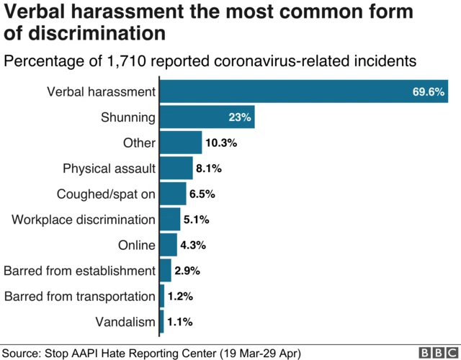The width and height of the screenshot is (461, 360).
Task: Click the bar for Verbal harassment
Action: point(303,91)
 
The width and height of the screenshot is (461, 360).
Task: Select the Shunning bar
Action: point(207,117)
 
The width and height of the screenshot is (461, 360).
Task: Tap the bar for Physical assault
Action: point(176,168)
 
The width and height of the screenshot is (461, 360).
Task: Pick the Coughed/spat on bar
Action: point(173,194)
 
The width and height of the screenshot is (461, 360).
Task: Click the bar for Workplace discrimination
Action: point(169,219)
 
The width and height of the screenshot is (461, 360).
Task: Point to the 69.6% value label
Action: point(428,92)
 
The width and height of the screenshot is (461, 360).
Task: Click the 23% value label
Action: point(239,117)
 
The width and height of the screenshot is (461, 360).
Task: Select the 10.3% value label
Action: point(220,143)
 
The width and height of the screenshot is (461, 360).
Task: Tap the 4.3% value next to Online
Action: point(193,245)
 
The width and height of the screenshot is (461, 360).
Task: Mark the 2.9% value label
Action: point(187,271)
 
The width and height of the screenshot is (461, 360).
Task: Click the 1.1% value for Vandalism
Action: point(180,322)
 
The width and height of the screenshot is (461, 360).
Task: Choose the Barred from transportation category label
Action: point(79,296)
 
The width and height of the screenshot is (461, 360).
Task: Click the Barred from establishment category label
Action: point(79,271)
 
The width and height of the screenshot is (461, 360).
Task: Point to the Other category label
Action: point(139,143)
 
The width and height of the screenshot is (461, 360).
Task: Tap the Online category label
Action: point(137,245)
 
